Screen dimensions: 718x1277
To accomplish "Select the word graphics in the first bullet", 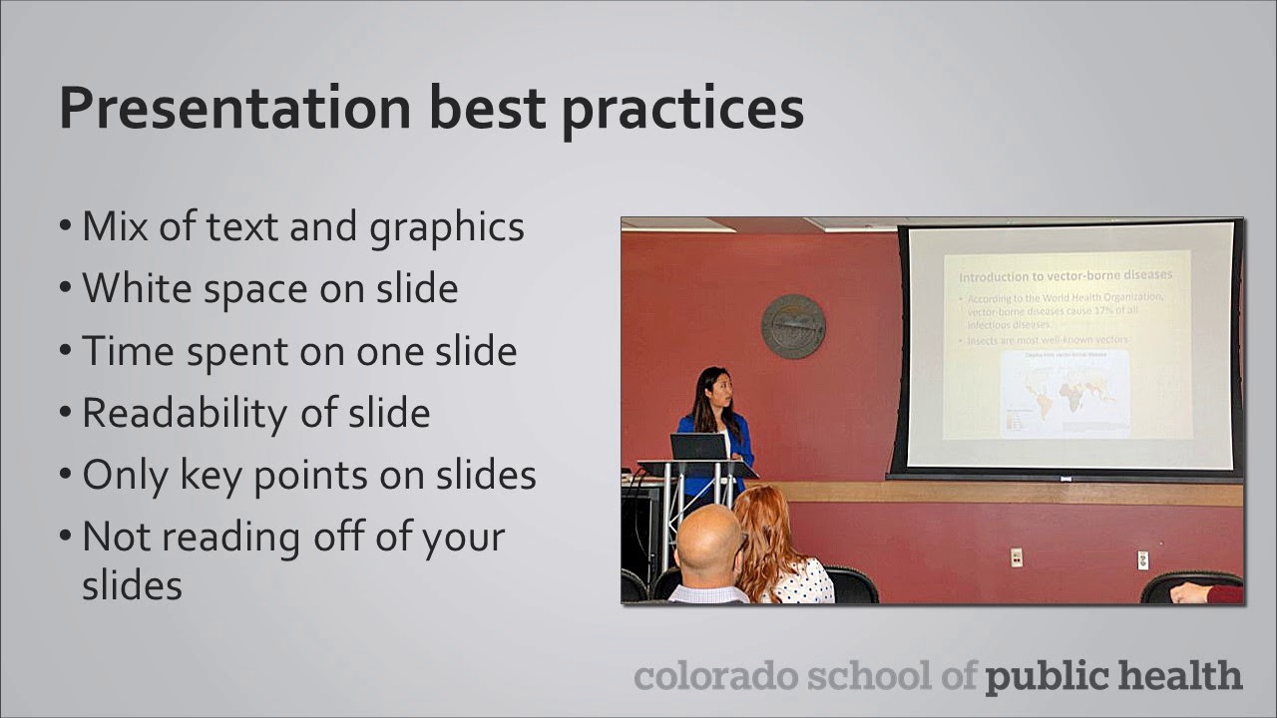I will point(446,227).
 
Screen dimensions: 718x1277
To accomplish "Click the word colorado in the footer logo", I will point(715,675).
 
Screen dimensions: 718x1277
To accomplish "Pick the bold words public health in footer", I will point(1113,675).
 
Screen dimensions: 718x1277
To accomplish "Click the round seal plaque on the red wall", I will point(793,326).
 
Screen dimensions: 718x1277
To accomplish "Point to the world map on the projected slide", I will point(1064,392).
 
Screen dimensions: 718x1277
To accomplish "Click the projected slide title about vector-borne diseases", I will point(1064,275).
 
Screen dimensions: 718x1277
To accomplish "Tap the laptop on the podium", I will point(698,446).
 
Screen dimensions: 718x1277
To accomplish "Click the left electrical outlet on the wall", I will point(1016,556).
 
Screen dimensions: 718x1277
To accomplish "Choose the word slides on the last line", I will point(132,585).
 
